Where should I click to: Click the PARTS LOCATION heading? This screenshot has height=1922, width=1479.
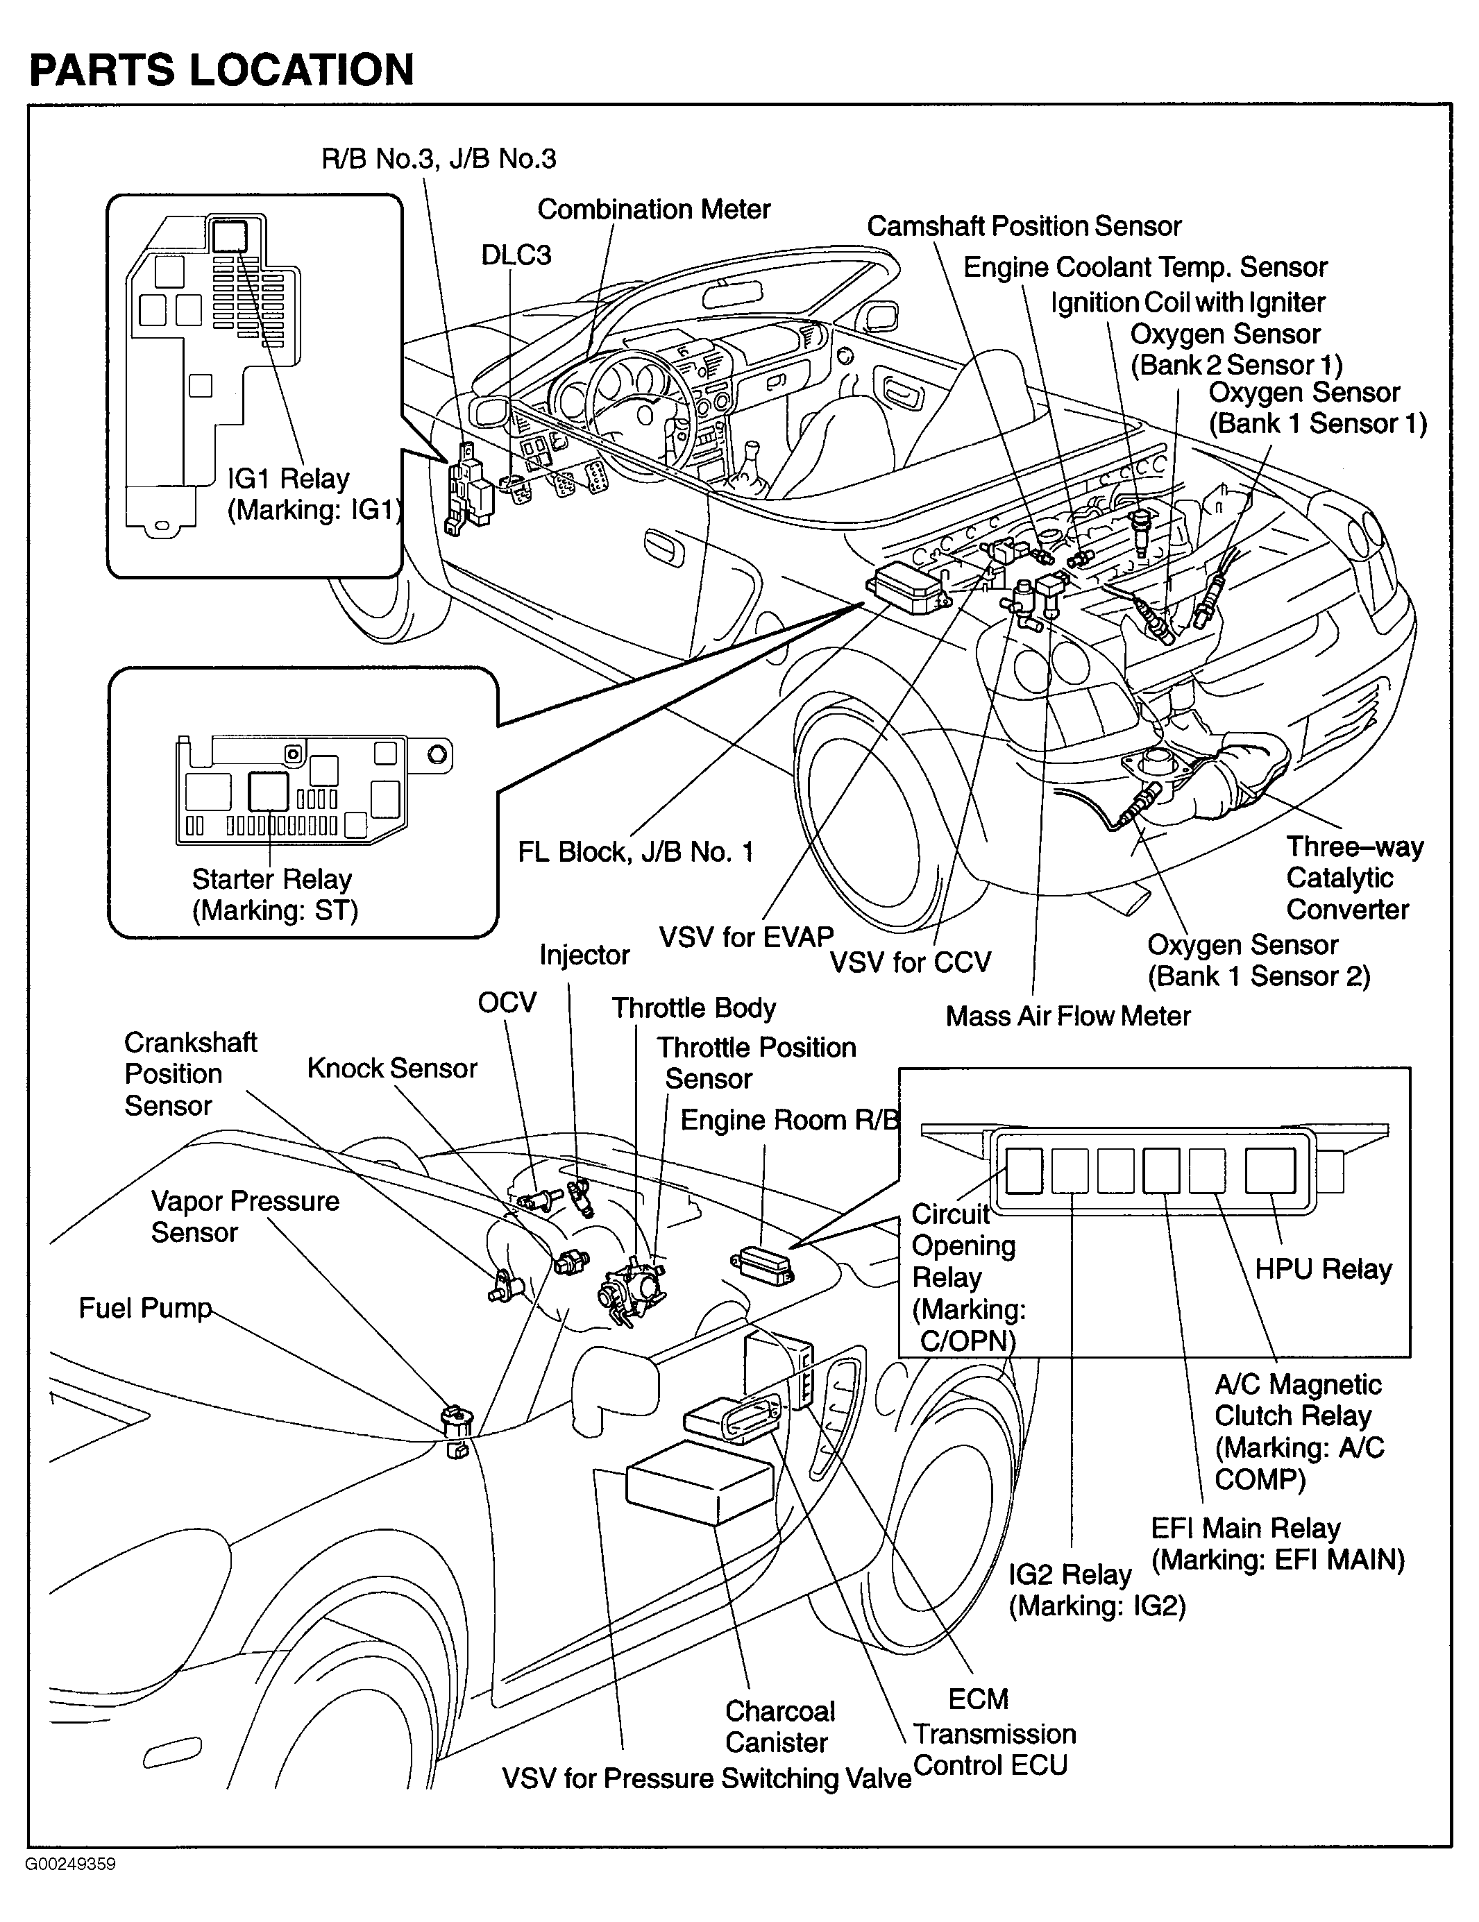[222, 70]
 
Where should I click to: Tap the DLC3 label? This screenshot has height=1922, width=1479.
[516, 255]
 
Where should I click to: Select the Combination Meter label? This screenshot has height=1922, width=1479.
[653, 210]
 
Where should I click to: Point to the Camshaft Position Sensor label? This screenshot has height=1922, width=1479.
[1024, 226]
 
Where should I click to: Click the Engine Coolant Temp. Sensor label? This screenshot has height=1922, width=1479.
[1145, 268]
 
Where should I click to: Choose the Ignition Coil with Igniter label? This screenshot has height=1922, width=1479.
[1188, 303]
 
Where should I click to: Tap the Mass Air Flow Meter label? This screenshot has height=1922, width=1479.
[1068, 1017]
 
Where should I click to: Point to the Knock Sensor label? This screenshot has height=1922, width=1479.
[391, 1069]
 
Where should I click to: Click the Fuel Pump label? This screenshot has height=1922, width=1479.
[145, 1308]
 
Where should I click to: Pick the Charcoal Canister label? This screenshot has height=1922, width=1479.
[779, 1726]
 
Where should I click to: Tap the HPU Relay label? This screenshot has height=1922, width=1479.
[1323, 1269]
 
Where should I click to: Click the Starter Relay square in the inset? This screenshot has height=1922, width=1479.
[269, 791]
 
